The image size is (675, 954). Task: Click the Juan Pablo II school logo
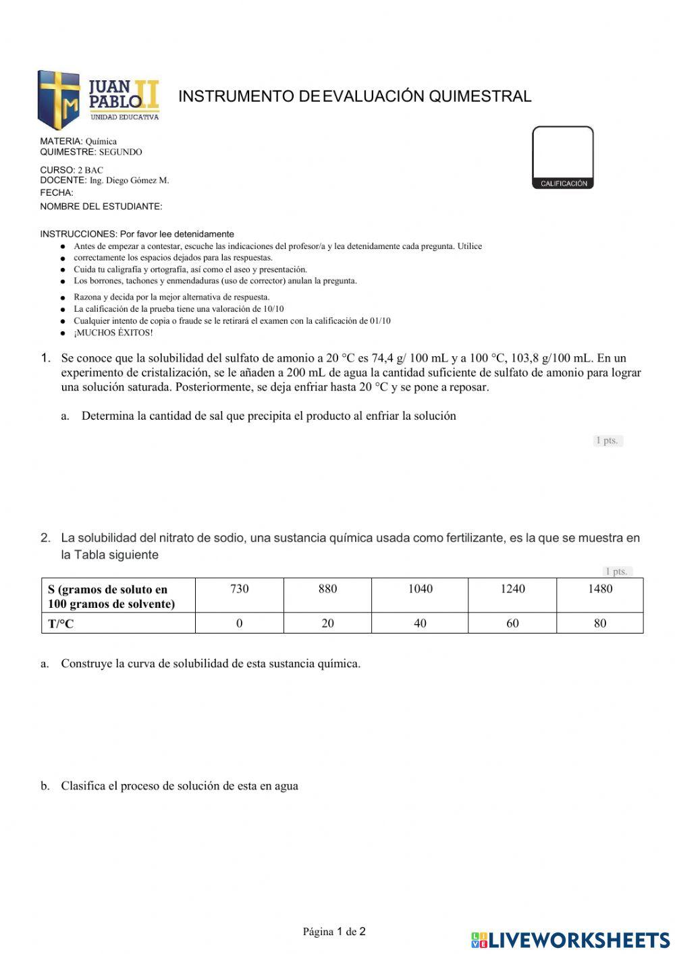[x=99, y=100]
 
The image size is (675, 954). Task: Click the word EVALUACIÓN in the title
[x=374, y=96]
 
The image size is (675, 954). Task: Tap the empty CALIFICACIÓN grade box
[x=562, y=152]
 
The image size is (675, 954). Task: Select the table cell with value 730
[x=239, y=589]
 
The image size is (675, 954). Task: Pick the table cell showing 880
[x=327, y=589]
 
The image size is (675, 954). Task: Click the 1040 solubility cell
[x=420, y=589]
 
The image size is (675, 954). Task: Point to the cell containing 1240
[x=512, y=589]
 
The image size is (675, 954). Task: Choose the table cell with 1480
[x=599, y=589]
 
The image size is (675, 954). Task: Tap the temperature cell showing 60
[x=512, y=623]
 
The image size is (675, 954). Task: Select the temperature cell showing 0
[x=239, y=623]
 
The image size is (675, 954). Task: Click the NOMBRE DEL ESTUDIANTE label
[x=101, y=206]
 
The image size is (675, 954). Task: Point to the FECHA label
[x=57, y=193]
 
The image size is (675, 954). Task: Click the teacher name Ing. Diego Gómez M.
[x=129, y=181]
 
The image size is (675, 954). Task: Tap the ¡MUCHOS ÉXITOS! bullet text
[x=113, y=333]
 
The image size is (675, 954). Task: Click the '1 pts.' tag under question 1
[x=607, y=441]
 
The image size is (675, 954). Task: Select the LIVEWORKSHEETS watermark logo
[x=570, y=940]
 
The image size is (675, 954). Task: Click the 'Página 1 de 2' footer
[x=334, y=932]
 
